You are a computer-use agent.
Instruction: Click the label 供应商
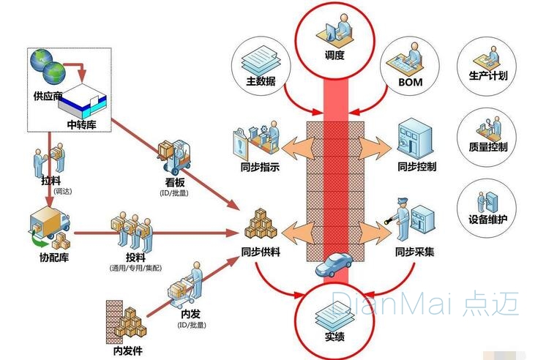point(48,96)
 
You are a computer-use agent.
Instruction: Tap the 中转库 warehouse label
point(82,124)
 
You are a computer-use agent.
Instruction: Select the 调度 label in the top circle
point(334,54)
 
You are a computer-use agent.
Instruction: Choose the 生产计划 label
point(488,75)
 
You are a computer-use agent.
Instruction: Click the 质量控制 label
point(488,146)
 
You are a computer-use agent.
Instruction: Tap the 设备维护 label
point(488,218)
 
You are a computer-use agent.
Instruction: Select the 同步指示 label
point(260,166)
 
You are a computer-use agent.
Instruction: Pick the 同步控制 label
point(417,166)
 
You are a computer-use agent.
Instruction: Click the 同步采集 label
point(414,251)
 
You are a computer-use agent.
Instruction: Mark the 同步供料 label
point(261,251)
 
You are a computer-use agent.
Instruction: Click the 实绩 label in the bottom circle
point(334,337)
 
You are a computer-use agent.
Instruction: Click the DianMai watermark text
point(425,303)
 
